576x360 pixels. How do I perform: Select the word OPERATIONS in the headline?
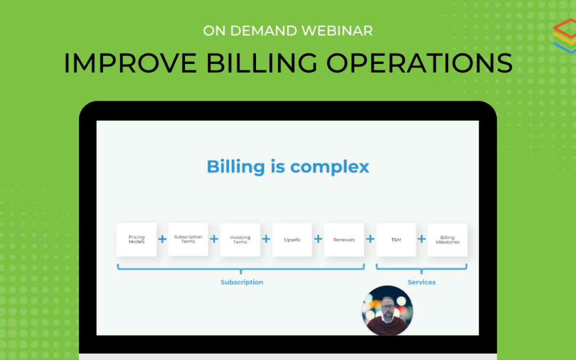point(419,63)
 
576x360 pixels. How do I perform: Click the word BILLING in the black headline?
point(261,63)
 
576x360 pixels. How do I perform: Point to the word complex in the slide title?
point(330,167)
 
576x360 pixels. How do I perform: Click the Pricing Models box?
point(137,239)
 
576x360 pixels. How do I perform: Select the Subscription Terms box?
point(188,239)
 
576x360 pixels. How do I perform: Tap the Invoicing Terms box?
point(240,239)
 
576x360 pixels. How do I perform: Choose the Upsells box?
point(292,239)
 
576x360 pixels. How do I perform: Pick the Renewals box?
point(344,239)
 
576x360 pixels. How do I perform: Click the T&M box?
point(396,239)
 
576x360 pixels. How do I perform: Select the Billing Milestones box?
point(447,239)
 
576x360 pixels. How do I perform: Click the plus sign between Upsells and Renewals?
point(318,239)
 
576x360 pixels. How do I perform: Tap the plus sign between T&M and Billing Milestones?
point(422,239)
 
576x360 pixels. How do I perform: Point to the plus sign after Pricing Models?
point(162,239)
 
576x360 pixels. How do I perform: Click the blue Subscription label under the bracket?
point(242,282)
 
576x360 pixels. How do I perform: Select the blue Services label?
point(421,282)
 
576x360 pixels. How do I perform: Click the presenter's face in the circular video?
point(388,308)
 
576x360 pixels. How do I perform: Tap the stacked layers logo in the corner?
point(565,36)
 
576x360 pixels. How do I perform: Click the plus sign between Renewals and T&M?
point(370,239)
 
